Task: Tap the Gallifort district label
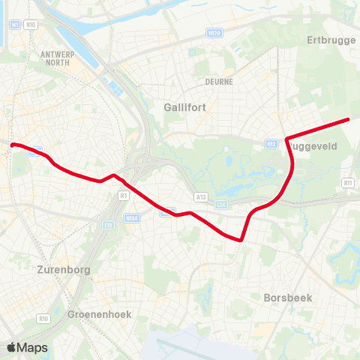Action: point(184,108)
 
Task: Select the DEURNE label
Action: point(219,81)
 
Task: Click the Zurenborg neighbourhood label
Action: point(58,268)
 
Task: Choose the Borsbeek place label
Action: point(288,297)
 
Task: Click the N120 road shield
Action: point(215,33)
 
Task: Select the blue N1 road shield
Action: point(15,25)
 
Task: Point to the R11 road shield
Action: point(348,182)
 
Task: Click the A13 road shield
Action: point(200,196)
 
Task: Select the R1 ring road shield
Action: point(124,195)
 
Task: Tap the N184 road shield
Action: point(131,218)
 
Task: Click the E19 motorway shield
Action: point(109,224)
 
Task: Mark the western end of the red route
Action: point(12,145)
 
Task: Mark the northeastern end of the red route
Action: point(348,119)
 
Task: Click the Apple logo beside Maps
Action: point(12,347)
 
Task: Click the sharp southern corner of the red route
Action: point(239,241)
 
